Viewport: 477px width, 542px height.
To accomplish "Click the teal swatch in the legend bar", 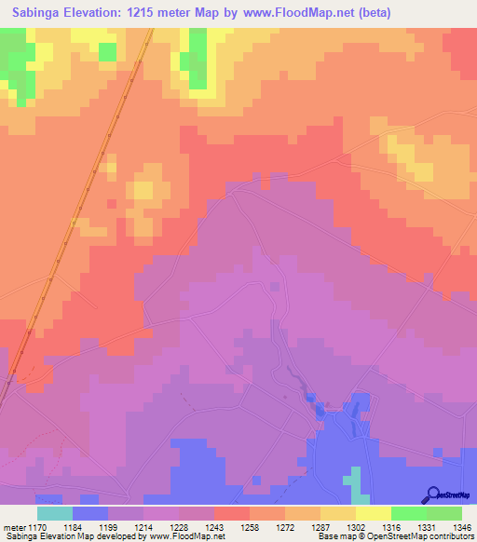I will (x=55, y=512).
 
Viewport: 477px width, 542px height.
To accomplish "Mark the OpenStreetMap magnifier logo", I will (x=432, y=495).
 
